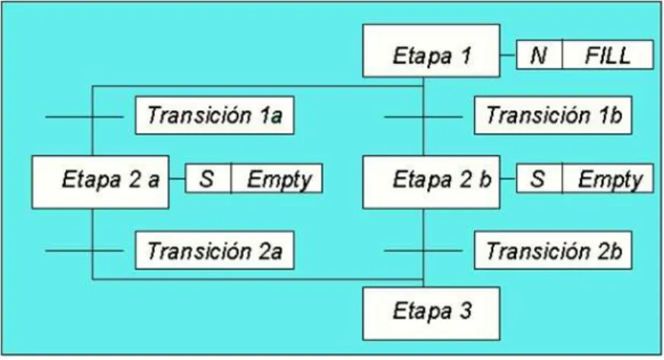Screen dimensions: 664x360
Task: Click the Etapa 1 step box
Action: click(x=431, y=51)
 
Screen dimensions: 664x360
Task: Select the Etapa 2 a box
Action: click(x=100, y=182)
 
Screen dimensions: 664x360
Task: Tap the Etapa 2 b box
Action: click(x=431, y=182)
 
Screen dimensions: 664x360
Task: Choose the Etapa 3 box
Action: click(x=431, y=314)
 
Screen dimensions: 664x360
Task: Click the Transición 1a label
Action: click(x=214, y=115)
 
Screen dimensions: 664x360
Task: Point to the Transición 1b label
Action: click(x=552, y=115)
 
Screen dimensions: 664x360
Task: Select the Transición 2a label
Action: click(x=214, y=251)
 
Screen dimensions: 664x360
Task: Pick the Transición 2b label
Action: click(x=552, y=251)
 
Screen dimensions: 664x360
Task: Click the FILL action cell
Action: click(x=608, y=55)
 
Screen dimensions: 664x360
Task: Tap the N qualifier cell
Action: click(x=539, y=55)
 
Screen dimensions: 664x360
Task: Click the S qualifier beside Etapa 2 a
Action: click(x=208, y=178)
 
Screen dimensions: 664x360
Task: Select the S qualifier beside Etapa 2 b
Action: click(x=539, y=178)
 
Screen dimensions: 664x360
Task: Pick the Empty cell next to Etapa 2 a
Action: click(x=277, y=178)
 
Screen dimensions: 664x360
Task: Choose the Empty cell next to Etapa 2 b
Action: click(x=608, y=178)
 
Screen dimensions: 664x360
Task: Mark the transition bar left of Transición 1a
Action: click(x=84, y=116)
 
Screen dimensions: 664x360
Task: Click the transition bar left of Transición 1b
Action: click(x=423, y=116)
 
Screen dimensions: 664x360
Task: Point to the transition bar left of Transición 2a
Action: click(x=84, y=251)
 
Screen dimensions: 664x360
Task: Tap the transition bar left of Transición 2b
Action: click(x=423, y=251)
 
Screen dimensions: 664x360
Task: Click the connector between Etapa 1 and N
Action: click(x=508, y=55)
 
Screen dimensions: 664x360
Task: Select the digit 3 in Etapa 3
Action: click(x=465, y=311)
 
